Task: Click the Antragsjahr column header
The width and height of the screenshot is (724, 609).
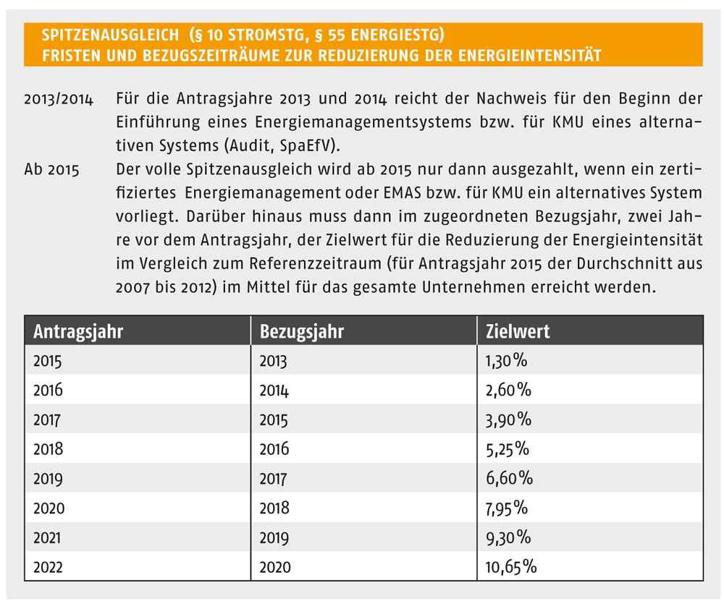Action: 78,332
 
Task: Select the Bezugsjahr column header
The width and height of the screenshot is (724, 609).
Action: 301,332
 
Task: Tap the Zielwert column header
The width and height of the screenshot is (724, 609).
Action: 518,331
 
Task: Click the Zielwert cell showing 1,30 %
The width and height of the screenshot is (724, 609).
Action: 506,361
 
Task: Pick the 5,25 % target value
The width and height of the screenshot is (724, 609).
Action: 508,449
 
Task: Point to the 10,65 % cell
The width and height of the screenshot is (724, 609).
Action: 510,567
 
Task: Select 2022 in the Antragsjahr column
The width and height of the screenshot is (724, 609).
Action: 48,567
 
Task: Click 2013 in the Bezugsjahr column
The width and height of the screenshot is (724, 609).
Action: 273,361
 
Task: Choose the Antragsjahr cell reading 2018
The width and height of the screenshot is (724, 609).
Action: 48,449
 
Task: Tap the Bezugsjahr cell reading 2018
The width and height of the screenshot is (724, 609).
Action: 274,508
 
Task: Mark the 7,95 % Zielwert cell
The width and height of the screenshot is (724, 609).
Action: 507,508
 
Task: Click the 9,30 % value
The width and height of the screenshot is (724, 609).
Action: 508,538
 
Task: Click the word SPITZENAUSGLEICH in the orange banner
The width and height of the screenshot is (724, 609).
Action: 110,35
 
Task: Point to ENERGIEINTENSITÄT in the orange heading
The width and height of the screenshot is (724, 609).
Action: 530,56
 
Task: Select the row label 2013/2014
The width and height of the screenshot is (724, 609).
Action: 59,100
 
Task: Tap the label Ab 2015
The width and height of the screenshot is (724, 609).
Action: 51,170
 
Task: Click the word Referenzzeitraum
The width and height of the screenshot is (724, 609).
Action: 316,263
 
